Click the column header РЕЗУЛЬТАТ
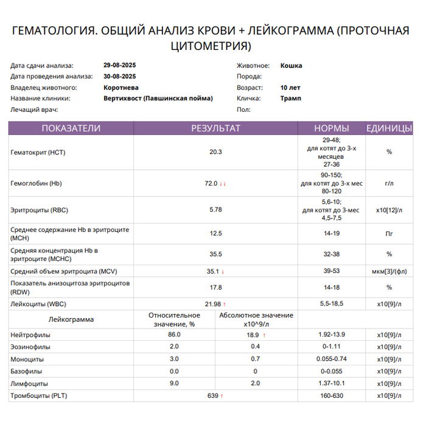[215, 128]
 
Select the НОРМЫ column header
[331, 128]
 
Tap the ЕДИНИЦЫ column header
[389, 128]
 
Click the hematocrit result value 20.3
[215, 152]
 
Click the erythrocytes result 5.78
[215, 210]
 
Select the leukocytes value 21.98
[212, 304]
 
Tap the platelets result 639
[213, 396]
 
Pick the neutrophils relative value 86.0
[174, 335]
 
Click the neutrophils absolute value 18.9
[253, 335]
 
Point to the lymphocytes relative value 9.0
[174, 383]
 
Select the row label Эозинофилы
[31, 347]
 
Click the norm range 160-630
[332, 396]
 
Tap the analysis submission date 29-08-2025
[120, 66]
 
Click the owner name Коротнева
[121, 87]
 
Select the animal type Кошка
[291, 66]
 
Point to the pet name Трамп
[290, 98]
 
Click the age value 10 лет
[290, 87]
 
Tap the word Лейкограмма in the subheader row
[71, 319]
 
